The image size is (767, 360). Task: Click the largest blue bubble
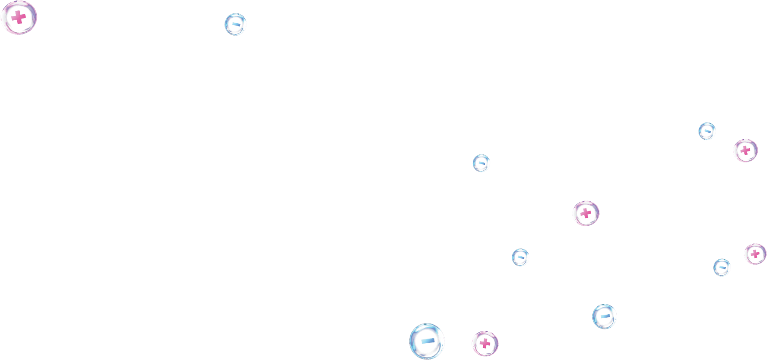[427, 341]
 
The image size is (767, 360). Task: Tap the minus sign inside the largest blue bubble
[428, 340]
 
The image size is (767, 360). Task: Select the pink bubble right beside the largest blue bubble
[485, 344]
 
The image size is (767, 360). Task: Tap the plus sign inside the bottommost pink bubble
[485, 344]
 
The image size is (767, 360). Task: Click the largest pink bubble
[18, 18]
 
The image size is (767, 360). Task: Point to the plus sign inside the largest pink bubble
[18, 18]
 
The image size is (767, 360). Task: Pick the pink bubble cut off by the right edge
[755, 254]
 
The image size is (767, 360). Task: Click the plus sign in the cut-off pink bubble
[755, 254]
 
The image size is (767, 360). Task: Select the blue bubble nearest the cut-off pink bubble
[722, 267]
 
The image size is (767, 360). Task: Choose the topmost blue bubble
[236, 24]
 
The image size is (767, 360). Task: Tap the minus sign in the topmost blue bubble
[236, 24]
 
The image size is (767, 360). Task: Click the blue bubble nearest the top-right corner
[707, 131]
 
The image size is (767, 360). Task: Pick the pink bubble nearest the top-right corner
[745, 150]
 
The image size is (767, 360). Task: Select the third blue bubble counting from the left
[481, 163]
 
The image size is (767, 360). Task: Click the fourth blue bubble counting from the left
[520, 257]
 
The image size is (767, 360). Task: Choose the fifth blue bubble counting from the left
[605, 316]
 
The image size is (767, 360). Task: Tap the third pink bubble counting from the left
[586, 213]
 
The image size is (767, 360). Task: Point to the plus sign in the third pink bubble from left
[586, 213]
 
